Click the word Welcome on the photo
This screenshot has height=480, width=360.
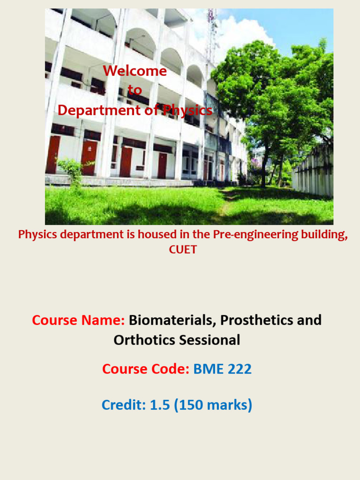click(135, 71)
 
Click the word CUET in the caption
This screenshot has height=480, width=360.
click(183, 249)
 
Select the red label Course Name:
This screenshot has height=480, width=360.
click(78, 321)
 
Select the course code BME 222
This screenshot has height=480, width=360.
click(223, 369)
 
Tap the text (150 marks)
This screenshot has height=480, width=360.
click(213, 405)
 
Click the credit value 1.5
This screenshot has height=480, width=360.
click(160, 405)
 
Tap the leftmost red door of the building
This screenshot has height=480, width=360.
click(52, 155)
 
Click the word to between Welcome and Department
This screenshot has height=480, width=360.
click(135, 90)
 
